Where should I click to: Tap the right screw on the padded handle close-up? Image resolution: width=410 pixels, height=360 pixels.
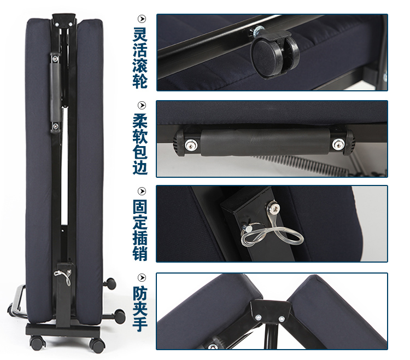click(x=338, y=144)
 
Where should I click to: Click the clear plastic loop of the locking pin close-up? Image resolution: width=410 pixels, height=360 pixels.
click(x=272, y=233)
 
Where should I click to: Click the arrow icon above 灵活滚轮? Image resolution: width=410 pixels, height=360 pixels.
click(x=142, y=19)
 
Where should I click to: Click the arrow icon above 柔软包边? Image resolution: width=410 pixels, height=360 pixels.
click(x=142, y=105)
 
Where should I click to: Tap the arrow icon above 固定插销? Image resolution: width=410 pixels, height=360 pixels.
click(x=142, y=191)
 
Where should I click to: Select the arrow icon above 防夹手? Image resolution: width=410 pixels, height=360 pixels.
click(x=142, y=277)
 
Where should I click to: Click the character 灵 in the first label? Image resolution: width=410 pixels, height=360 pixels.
click(x=140, y=34)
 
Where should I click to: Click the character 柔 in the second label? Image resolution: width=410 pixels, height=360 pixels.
click(x=140, y=120)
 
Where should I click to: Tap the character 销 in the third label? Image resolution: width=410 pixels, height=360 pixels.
click(x=140, y=253)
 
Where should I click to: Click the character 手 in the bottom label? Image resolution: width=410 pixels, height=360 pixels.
click(x=140, y=324)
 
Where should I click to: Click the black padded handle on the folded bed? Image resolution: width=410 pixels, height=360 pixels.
click(x=55, y=92)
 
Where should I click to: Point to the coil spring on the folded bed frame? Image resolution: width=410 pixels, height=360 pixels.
click(x=65, y=165)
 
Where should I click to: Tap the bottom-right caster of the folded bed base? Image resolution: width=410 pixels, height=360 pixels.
click(x=97, y=344)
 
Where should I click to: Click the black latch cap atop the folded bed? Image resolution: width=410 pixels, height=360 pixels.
click(x=63, y=20)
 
